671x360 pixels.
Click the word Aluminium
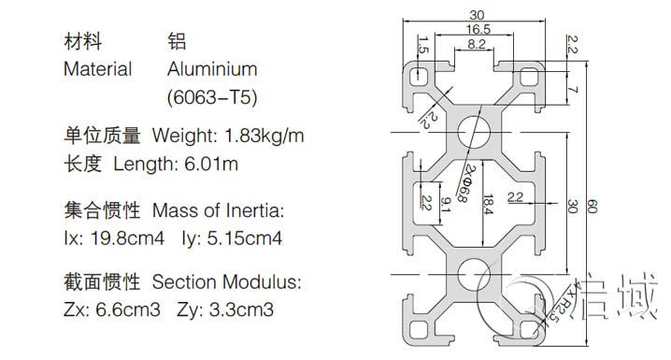(212, 69)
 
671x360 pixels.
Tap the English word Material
(97, 69)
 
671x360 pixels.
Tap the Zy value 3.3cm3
(240, 309)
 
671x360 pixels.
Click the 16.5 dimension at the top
(478, 30)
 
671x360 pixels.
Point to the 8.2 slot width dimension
(476, 44)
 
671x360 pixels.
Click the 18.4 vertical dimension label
(488, 204)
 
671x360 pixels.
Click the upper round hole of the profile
(477, 132)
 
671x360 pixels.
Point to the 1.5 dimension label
(423, 44)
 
